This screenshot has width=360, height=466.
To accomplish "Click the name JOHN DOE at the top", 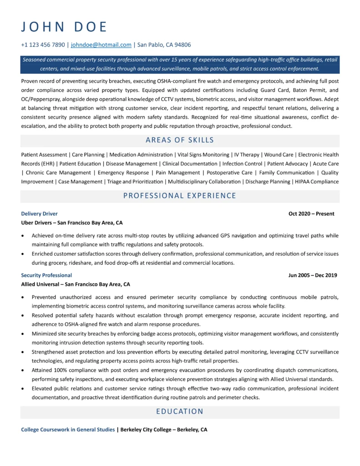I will tap(64, 27).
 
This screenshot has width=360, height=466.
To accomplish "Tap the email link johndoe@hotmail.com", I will tap(101, 45).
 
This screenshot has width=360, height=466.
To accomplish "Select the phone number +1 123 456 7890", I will tap(43, 45).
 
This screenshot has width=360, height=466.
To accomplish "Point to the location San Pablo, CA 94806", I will tap(164, 45).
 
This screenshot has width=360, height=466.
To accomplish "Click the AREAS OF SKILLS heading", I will tap(180, 140).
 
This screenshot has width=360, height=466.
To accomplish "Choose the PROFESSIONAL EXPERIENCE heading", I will tap(180, 196).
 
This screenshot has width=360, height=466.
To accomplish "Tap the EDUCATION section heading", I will tap(180, 412).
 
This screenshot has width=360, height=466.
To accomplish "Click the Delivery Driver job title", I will tap(39, 214).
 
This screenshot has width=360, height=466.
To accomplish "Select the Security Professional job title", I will tap(46, 275).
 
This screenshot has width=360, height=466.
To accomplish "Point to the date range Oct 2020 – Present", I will tap(311, 214).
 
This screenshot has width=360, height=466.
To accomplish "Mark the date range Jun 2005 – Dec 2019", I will tap(313, 275).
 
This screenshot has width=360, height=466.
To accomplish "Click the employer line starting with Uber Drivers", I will tap(72, 223).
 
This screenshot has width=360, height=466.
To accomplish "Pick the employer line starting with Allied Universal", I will tap(76, 284).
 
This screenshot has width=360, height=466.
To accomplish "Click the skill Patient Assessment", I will tap(44, 155).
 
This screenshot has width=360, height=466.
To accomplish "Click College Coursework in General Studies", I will tap(68, 430).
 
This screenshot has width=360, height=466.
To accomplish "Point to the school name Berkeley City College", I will tap(146, 430).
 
